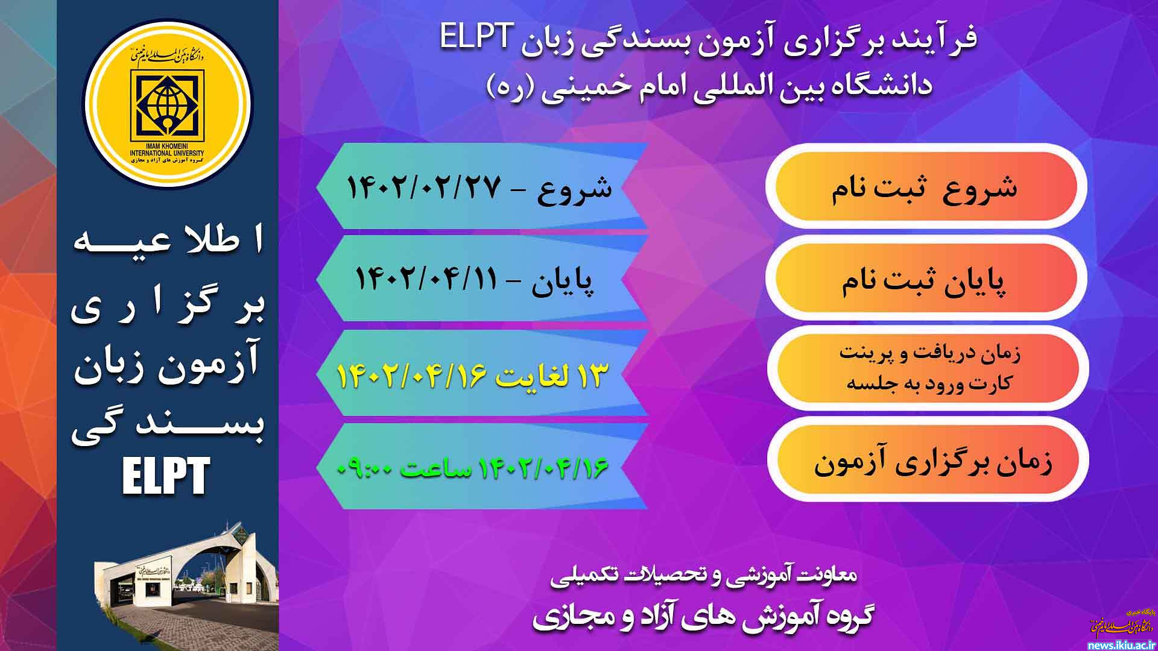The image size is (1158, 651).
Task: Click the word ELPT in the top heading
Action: tap(476, 37)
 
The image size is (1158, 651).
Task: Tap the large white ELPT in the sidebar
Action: tap(166, 476)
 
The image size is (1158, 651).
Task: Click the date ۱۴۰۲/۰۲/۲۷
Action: tap(424, 187)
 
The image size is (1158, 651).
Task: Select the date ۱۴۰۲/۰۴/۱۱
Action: tap(426, 279)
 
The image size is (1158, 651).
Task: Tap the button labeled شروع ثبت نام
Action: tap(926, 187)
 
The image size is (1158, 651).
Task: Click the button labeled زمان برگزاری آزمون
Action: tap(929, 462)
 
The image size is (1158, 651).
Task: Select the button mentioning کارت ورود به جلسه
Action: tap(929, 368)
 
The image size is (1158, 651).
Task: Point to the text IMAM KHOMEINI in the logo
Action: tap(167, 146)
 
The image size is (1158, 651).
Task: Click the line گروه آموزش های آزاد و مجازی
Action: tap(703, 617)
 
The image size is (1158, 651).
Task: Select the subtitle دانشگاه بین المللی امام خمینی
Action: tap(710, 86)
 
